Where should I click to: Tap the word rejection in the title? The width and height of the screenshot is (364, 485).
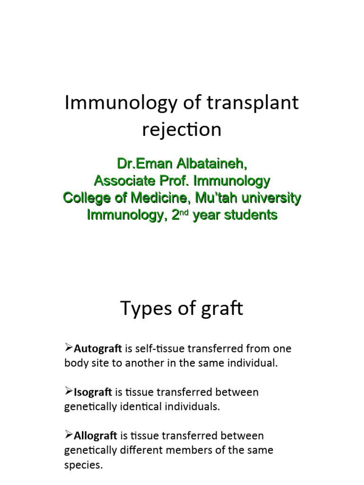point(182,130)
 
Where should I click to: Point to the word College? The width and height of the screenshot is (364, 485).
point(86,198)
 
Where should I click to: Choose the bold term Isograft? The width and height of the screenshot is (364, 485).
point(93,392)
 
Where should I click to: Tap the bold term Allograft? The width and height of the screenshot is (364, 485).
point(96,435)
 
